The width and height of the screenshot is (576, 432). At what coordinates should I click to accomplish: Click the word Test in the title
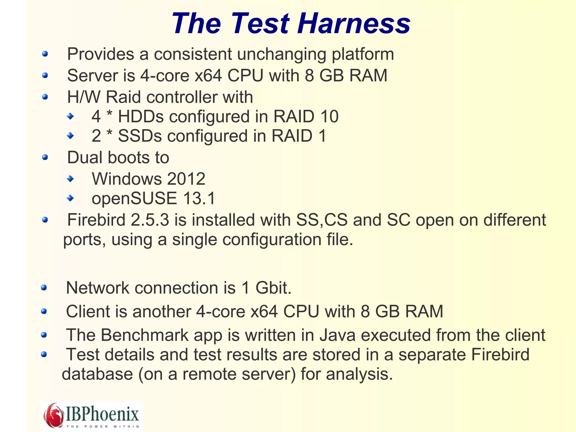point(260,24)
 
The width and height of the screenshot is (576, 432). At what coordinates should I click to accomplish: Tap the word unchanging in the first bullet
point(282,54)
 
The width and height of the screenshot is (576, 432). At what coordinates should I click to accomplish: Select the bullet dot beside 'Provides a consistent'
point(45,54)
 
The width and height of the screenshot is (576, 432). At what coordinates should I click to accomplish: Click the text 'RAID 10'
point(306,117)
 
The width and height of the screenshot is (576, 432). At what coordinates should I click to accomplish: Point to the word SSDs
point(140,136)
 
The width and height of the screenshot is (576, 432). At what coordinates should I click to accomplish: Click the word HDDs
point(141,117)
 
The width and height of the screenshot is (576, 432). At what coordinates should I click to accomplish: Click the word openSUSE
point(134,198)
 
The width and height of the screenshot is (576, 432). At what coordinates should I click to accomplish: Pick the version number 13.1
point(199,198)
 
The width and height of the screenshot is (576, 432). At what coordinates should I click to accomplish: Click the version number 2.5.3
point(150,220)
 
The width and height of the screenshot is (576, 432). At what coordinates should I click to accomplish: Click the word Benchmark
point(145,335)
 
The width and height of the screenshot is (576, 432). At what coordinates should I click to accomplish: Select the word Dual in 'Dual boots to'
point(85,157)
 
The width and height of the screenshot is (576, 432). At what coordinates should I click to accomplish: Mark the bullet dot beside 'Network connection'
point(44,288)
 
